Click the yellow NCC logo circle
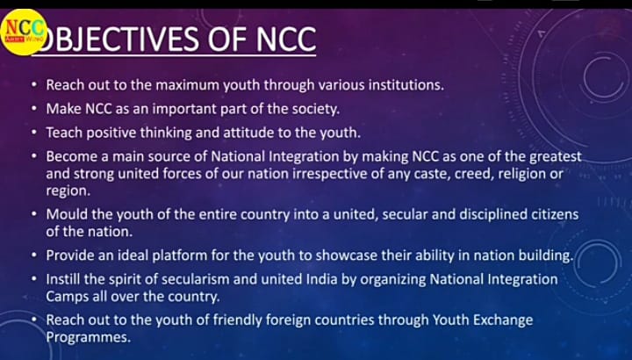[23, 32]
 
